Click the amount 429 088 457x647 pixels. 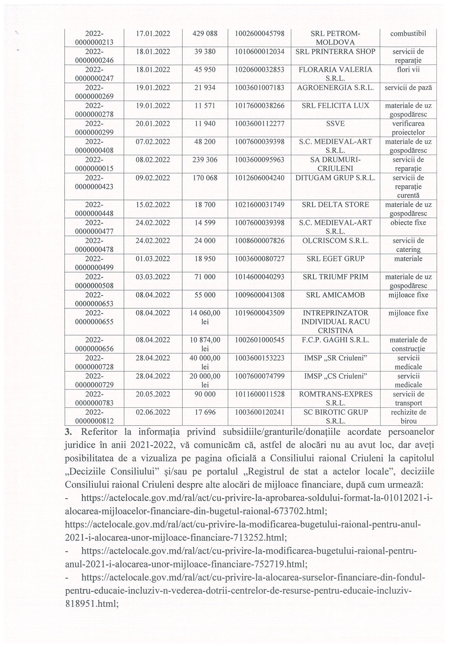pos(205,34)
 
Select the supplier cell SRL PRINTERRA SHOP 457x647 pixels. pos(335,52)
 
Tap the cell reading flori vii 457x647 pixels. pos(408,70)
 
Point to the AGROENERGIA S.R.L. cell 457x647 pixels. pos(335,88)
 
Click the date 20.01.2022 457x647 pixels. pos(153,124)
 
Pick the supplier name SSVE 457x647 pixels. pos(335,124)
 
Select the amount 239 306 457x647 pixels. pos(205,160)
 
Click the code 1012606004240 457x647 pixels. pos(259,178)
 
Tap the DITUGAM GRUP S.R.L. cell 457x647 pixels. pos(335,178)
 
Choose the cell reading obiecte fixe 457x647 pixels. pos(408,223)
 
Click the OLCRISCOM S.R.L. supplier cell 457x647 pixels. pos(335,241)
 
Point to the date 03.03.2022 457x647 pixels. pos(153,277)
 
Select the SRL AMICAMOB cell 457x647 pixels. pos(335,295)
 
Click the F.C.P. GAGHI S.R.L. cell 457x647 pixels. pos(335,340)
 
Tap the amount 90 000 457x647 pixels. pos(205,394)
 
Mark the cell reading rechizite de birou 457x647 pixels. pos(408,416)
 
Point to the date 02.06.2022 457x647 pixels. pos(153,412)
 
